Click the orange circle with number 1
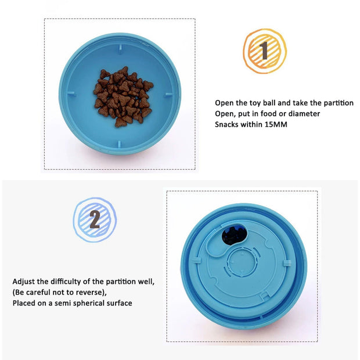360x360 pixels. [264, 51]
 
